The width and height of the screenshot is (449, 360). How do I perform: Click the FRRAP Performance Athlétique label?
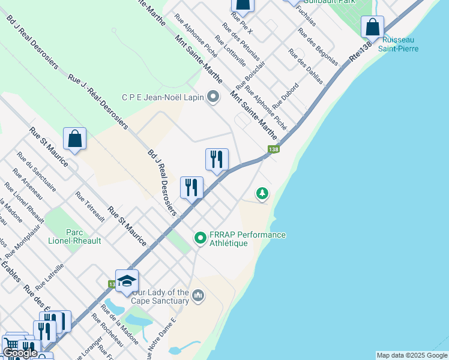247,239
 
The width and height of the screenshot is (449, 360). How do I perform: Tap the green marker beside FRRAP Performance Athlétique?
200,238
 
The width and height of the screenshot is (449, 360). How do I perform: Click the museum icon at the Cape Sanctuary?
199,296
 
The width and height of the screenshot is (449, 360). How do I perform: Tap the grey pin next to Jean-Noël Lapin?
213,97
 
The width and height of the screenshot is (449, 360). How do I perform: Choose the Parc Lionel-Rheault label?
74,236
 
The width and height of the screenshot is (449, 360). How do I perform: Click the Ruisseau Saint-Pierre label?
398,44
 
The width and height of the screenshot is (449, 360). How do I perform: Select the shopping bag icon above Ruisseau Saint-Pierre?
373,27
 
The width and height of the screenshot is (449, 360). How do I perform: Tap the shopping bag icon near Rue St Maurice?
75,139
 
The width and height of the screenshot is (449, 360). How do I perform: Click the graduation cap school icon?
127,281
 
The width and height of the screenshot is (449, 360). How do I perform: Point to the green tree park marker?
262,193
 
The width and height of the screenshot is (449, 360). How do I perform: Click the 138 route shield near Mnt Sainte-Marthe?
274,149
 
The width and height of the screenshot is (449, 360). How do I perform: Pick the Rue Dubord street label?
285,96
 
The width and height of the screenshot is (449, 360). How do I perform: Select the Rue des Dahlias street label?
305,66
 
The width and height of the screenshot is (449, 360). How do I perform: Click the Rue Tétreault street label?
90,206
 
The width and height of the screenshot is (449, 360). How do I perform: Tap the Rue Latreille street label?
49,272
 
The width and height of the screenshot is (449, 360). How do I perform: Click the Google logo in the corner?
20,353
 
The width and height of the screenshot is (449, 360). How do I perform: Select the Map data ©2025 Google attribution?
412,355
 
